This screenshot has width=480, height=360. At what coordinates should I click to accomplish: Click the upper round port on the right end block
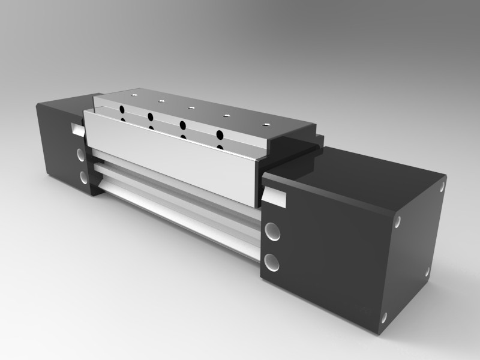pyautogui.click(x=272, y=231)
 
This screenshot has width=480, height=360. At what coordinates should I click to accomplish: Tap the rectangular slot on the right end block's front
pyautogui.click(x=275, y=196)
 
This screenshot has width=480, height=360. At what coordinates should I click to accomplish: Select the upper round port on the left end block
pyautogui.click(x=80, y=154)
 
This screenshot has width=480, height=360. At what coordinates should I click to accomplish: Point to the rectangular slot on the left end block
pyautogui.click(x=77, y=128)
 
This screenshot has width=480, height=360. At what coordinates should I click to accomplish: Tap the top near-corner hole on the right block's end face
pyautogui.click(x=398, y=224)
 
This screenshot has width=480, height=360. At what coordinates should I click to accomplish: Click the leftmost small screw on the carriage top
pyautogui.click(x=134, y=94)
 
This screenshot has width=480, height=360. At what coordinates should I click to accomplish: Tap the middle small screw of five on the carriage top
pyautogui.click(x=191, y=108)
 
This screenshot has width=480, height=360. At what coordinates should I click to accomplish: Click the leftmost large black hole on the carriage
pyautogui.click(x=122, y=109)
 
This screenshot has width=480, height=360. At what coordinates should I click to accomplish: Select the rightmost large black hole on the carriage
pyautogui.click(x=220, y=134)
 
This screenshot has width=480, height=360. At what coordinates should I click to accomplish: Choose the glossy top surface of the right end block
pyautogui.click(x=360, y=174)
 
